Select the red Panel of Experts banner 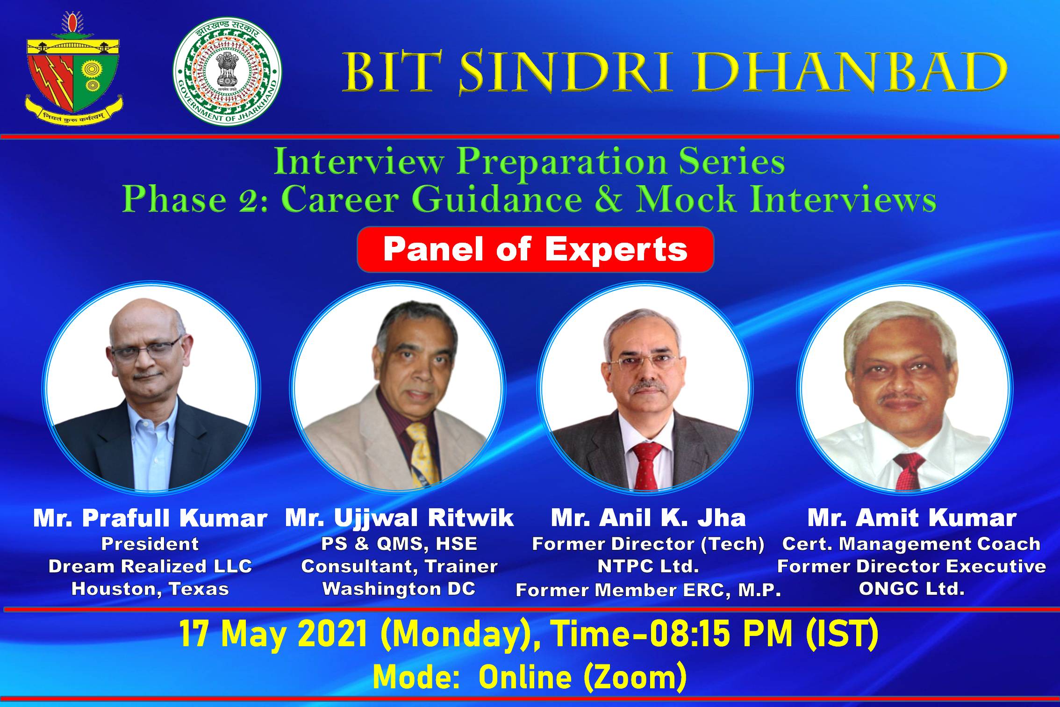point(535,249)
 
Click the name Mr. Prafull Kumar point(150,519)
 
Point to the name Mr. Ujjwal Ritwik point(400,519)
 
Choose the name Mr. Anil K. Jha point(648,519)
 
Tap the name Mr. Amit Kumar point(912,519)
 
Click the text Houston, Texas point(150,589)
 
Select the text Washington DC point(399,589)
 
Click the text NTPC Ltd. point(648,566)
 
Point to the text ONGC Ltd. point(912,589)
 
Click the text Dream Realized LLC point(150,566)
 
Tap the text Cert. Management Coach point(911,544)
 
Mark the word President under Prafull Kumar point(150,544)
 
